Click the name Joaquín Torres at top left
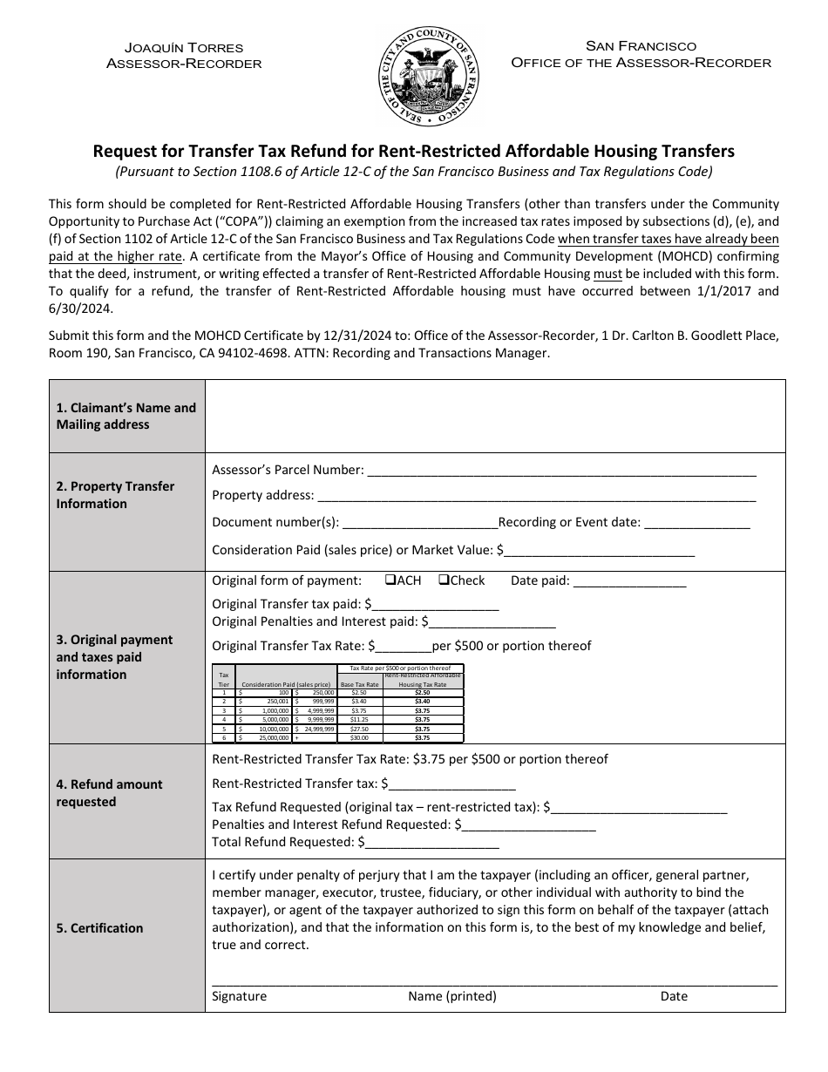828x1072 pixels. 184,47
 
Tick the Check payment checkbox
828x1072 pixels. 444,580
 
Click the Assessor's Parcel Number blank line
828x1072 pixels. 561,472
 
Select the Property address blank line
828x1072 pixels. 536,497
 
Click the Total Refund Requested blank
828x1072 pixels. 431,844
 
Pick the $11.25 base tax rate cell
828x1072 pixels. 359,719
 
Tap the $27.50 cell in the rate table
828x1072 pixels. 359,729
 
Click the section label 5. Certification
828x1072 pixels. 99,928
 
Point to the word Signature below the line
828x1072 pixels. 240,996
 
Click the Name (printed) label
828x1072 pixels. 451,996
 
